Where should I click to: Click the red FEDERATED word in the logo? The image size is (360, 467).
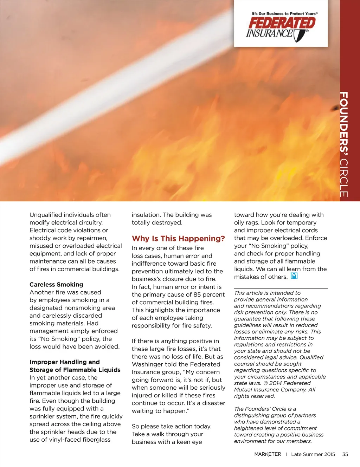pyautogui.click(x=282, y=23)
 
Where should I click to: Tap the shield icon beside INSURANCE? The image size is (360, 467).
pyautogui.click(x=300, y=35)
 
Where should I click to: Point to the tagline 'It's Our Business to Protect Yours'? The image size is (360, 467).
pyautogui.click(x=284, y=14)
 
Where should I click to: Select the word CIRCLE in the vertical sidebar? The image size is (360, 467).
pyautogui.click(x=344, y=178)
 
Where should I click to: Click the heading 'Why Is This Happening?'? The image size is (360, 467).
pyautogui.click(x=178, y=239)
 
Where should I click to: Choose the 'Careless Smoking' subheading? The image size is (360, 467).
pyautogui.click(x=56, y=285)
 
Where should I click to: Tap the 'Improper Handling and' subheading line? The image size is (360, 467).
pyautogui.click(x=65, y=362)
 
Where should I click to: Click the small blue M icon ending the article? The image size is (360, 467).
pyautogui.click(x=294, y=276)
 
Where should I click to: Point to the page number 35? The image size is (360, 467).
pyautogui.click(x=345, y=454)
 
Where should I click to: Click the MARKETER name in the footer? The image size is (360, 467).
pyautogui.click(x=268, y=454)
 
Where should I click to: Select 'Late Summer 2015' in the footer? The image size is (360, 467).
pyautogui.click(x=313, y=454)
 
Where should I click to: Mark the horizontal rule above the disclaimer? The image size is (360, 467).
pyautogui.click(x=281, y=288)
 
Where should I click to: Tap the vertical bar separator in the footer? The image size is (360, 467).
pyautogui.click(x=286, y=454)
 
